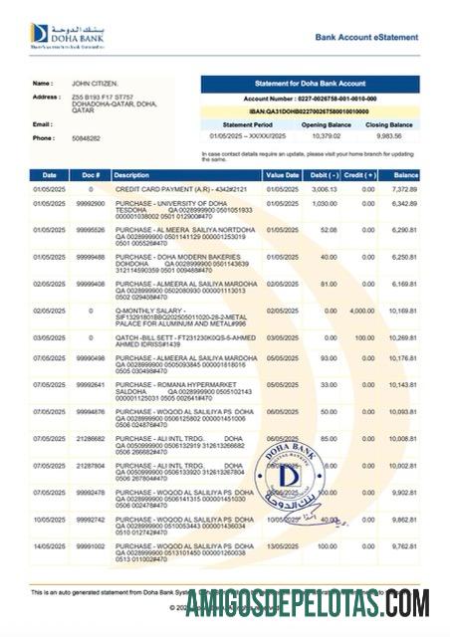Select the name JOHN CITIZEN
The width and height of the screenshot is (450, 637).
coord(96,84)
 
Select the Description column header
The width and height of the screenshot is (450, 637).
coord(137,174)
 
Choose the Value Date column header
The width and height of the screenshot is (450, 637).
coord(282,174)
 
